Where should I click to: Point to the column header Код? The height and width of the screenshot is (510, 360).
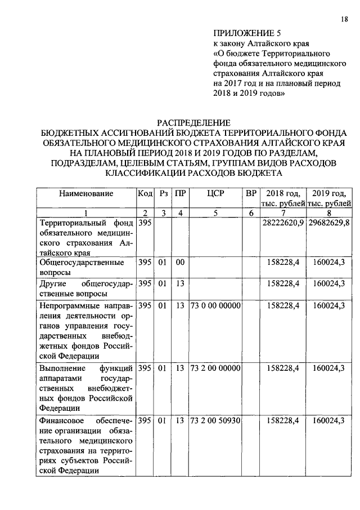tap(145, 193)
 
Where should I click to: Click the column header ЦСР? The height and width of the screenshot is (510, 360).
tap(215, 193)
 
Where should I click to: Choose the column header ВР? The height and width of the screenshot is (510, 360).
tap(251, 193)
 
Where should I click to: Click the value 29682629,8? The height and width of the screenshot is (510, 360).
tap(330, 223)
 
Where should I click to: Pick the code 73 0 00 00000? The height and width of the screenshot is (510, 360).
tap(215, 305)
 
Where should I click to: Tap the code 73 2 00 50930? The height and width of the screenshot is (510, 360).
tap(215, 420)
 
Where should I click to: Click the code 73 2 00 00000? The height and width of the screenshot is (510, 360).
tap(215, 368)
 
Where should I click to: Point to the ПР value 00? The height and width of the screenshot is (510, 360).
tap(180, 262)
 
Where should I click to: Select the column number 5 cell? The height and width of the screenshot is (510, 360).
tap(215, 213)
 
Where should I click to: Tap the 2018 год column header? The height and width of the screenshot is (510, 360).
tap(283, 198)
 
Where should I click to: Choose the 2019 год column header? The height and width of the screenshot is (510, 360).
tap(330, 198)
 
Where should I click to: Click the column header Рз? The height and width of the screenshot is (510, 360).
tap(163, 193)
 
